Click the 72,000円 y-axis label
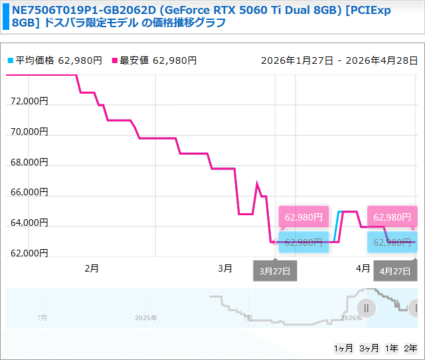30,102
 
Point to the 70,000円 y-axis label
30,132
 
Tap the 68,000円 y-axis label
30,162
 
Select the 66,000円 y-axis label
30,192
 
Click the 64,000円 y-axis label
30,223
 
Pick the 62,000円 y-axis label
30,252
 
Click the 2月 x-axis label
92,268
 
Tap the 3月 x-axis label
225,268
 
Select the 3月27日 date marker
276,271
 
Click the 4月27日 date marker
395,271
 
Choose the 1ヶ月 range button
343,348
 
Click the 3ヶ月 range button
369,348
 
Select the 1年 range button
392,348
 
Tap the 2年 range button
412,348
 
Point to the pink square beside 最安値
114,60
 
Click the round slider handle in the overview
366,308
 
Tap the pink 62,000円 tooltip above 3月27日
303,217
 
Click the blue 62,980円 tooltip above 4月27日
392,242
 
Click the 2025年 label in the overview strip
146,318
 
